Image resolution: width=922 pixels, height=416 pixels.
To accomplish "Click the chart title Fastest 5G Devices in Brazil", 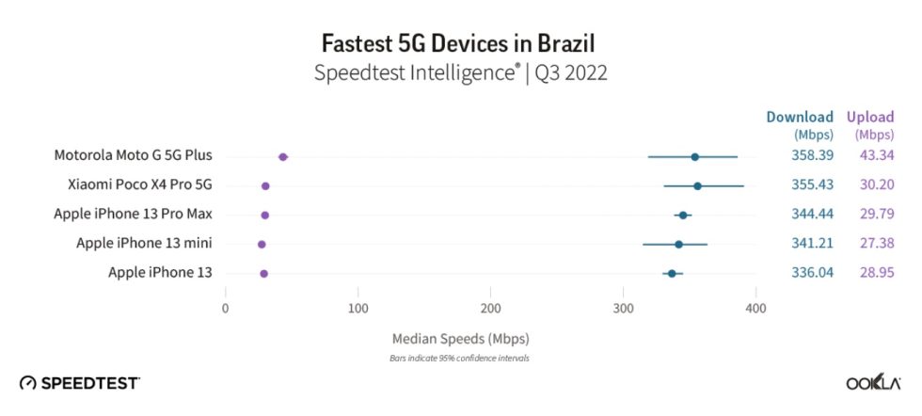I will [459, 43].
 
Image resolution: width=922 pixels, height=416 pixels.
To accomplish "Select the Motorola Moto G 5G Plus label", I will [133, 156].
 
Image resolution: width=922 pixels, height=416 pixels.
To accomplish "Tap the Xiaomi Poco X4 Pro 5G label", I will [139, 185].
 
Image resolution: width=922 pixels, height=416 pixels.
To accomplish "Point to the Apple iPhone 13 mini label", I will [144, 244].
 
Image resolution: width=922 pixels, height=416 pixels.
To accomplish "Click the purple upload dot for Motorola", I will [283, 157].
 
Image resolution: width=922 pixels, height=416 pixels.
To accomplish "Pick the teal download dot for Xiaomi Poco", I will [697, 186].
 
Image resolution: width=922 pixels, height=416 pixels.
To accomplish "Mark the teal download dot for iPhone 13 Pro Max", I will [683, 216].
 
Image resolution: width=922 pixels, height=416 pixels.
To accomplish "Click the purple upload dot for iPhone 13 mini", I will [262, 245].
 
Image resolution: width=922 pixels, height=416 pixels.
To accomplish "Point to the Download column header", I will [800, 118].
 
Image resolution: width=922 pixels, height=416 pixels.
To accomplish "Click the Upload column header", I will [870, 118].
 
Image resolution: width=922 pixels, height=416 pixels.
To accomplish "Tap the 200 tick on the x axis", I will [490, 308].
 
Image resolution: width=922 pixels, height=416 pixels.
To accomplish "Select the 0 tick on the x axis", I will [225, 308].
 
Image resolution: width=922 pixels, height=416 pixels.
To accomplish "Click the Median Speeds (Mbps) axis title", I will [459, 338].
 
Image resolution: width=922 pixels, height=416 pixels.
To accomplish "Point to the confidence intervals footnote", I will [459, 358].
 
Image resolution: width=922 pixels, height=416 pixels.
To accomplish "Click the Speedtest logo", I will [80, 383].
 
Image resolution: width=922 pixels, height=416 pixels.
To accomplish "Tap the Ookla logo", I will [873, 383].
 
